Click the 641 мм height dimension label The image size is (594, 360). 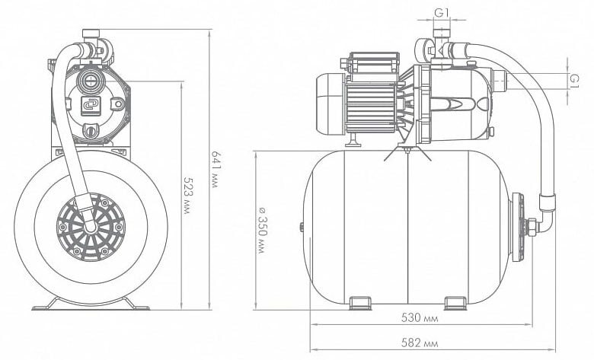pyautogui.click(x=216, y=170)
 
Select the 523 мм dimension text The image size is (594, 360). pyautogui.click(x=187, y=196)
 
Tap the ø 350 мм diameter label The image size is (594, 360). pyautogui.click(x=262, y=230)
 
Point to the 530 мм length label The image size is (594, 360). pyautogui.click(x=420, y=318)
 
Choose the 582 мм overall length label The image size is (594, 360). pyautogui.click(x=420, y=343)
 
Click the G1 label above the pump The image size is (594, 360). pyautogui.click(x=442, y=13)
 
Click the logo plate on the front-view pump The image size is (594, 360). pyautogui.click(x=90, y=106)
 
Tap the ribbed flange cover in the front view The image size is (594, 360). pyautogui.click(x=91, y=227)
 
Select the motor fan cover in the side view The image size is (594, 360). pyautogui.click(x=329, y=104)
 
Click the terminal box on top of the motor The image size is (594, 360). pyautogui.click(x=373, y=63)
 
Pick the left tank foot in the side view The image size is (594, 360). pyautogui.click(x=360, y=303)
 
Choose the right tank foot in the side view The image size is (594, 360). pyautogui.click(x=455, y=303)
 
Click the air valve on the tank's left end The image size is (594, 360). pyautogui.click(x=302, y=227)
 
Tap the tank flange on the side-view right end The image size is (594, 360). pyautogui.click(x=518, y=227)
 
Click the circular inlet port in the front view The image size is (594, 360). pyautogui.click(x=90, y=81)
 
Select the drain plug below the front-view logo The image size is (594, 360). pyautogui.click(x=90, y=131)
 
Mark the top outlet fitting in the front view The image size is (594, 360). pyautogui.click(x=91, y=35)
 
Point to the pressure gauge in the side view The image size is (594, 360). pyautogui.click(x=422, y=50)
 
